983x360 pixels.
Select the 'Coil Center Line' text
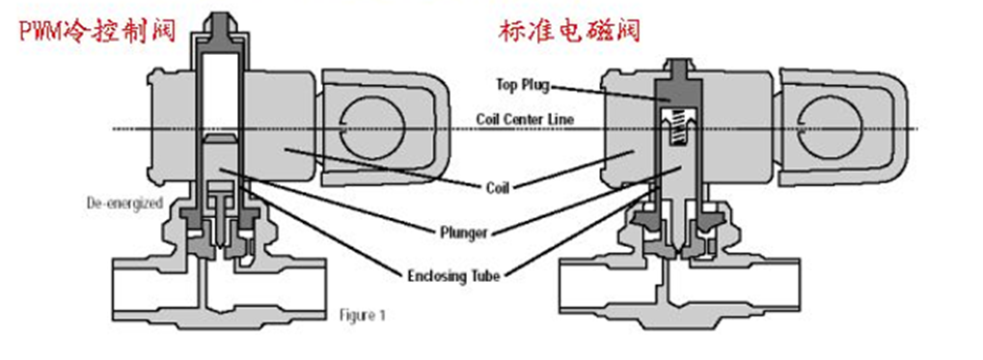coord(525,119)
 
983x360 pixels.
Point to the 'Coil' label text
coord(497,187)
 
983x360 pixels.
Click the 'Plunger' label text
coord(463,233)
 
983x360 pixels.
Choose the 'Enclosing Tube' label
coord(454,276)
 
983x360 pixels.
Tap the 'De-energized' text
coord(124,204)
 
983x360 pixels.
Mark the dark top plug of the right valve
coord(680,92)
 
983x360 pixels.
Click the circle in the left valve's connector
coord(371,128)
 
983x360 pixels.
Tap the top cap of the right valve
coord(680,68)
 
